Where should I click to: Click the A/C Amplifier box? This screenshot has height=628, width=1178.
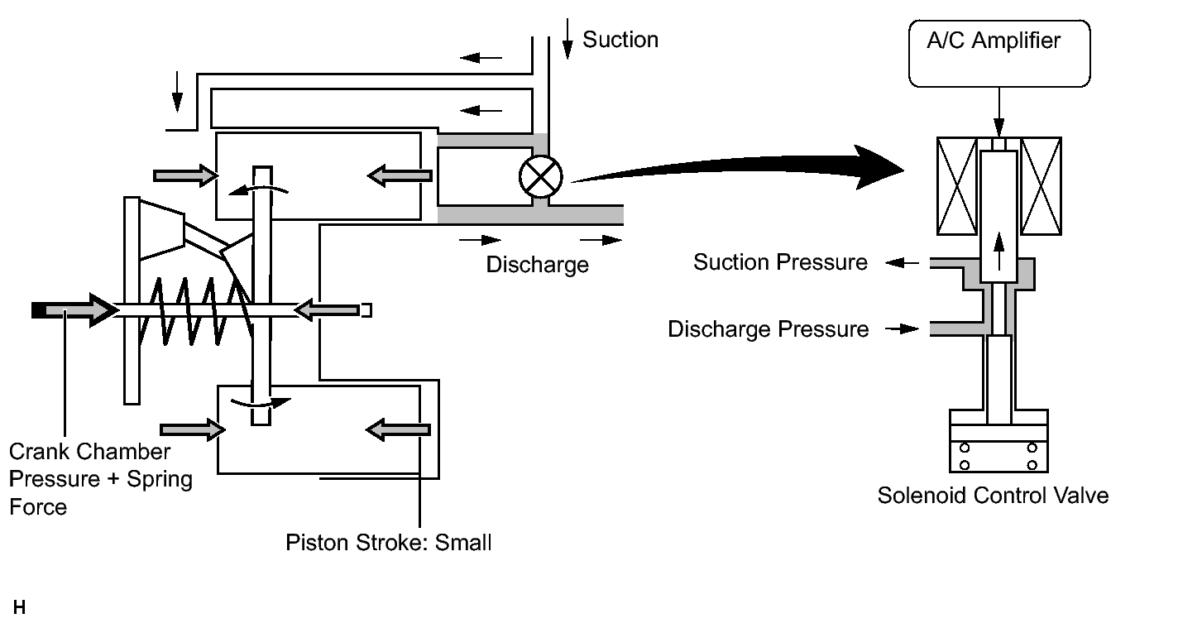coord(999,54)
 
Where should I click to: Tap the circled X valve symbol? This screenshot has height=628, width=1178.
coord(541,177)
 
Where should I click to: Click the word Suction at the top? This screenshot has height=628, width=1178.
coord(620,40)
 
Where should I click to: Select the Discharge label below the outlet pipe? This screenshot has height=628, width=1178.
coord(538,265)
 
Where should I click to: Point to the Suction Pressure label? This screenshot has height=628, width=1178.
coord(780,262)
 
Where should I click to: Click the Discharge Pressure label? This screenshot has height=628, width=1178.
coord(769,329)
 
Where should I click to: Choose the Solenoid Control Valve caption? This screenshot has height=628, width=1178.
coord(993,496)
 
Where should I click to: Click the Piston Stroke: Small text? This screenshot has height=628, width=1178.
coord(389,542)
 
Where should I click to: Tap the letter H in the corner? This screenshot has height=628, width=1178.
coord(20,607)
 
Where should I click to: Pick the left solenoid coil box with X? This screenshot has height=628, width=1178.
coord(957,186)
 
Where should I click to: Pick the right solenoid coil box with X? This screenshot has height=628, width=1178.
coord(1042,186)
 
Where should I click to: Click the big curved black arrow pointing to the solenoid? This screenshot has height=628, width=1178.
coord(737,167)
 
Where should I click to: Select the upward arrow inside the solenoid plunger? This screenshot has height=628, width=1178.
coord(999,252)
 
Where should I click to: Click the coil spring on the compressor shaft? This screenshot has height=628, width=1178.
coord(195,311)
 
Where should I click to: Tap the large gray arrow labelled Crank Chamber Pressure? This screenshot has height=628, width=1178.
coord(74,310)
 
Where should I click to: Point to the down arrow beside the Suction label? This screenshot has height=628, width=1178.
coord(567,39)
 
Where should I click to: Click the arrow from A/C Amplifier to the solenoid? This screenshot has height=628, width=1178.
coord(999,113)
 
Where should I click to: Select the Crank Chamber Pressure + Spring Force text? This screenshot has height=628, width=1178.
coord(101,479)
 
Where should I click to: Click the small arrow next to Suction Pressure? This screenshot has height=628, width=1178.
coord(903,262)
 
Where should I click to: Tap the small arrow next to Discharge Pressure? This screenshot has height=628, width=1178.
coord(903,329)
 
